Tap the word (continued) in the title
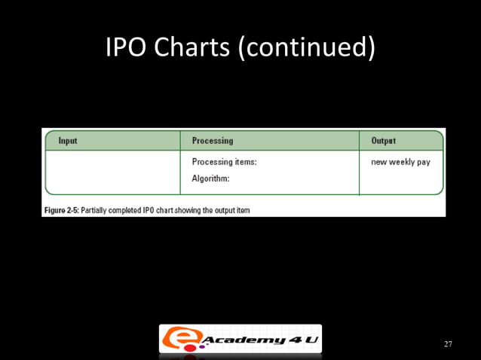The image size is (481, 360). [307, 47]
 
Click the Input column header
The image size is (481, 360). [68, 141]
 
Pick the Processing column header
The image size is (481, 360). [213, 141]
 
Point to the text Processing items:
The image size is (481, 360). [225, 162]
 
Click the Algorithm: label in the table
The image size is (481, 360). [210, 178]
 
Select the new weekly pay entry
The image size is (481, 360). [400, 162]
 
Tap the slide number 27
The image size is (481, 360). [448, 344]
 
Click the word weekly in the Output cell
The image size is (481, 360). [403, 162]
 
